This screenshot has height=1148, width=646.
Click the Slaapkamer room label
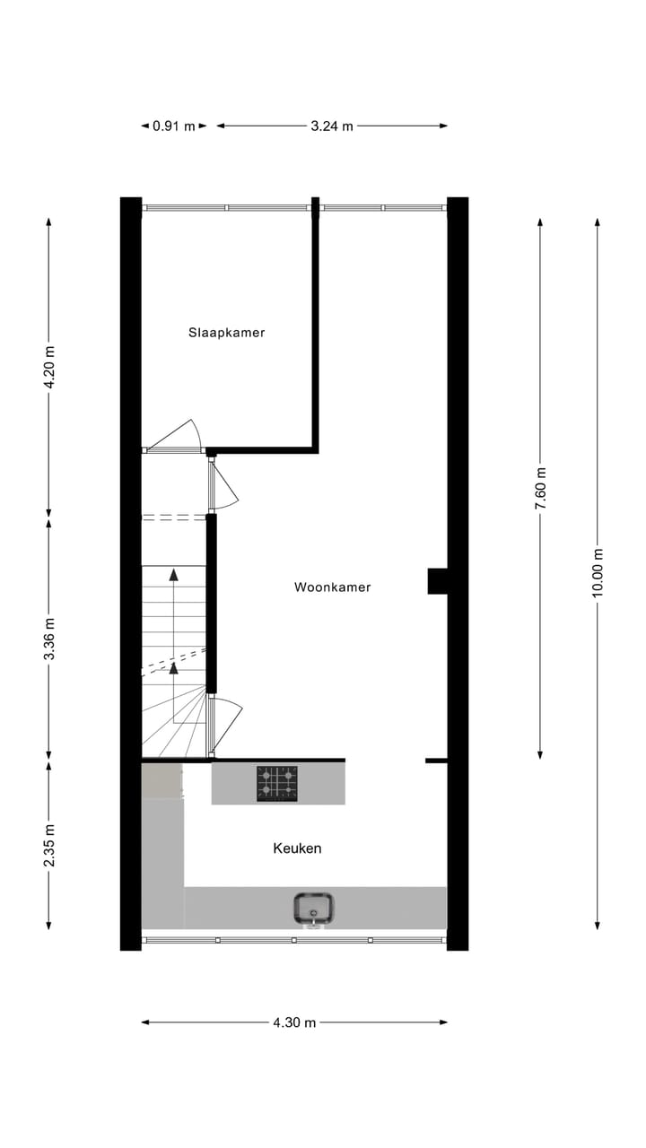(x=226, y=332)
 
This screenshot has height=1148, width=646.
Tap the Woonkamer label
(x=332, y=587)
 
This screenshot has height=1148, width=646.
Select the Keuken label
(x=297, y=848)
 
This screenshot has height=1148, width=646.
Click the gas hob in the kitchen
(x=277, y=783)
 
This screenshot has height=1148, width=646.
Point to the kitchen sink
(x=314, y=908)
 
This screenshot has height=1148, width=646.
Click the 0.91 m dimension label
(x=173, y=126)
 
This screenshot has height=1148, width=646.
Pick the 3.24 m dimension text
(x=332, y=126)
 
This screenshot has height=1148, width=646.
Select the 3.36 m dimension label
(x=50, y=639)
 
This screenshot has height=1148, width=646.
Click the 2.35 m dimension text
(x=50, y=846)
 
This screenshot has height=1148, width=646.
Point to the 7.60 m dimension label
(x=540, y=489)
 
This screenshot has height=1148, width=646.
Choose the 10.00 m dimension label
(x=598, y=575)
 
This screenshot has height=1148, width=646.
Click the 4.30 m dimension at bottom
(x=295, y=1022)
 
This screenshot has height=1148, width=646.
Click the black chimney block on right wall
(x=437, y=581)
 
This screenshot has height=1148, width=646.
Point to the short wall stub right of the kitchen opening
(x=436, y=761)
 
